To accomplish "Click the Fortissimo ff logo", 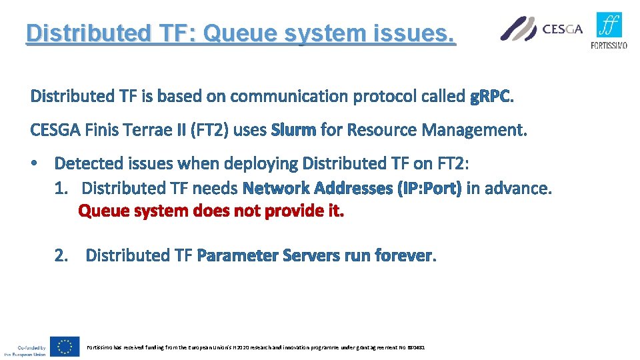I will point(609,25).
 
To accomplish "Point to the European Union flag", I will point(65,347).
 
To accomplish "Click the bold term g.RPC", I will point(491,97).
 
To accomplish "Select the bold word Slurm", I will point(293,130).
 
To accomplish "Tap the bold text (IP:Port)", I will point(429,189).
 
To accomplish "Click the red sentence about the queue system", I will point(211,211).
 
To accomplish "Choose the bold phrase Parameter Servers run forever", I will point(315,255).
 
